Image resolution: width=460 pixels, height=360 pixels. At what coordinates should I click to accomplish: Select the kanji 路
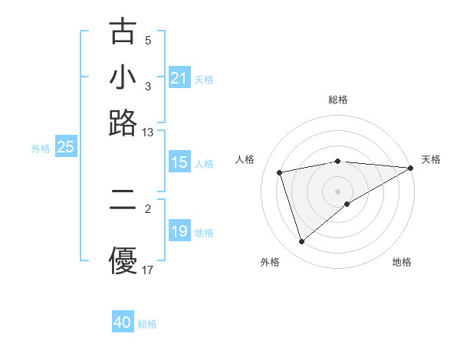[123, 122]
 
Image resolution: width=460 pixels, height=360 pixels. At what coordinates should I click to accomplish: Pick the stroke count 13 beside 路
[148, 133]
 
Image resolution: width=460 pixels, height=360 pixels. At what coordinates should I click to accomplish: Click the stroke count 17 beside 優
[148, 270]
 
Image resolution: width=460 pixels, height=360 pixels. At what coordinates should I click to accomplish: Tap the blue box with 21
[179, 78]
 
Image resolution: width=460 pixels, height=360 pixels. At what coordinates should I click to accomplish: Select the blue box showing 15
[179, 162]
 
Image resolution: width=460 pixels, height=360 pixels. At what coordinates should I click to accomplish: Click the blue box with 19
[179, 231]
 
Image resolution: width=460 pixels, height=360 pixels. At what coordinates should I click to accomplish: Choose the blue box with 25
[65, 148]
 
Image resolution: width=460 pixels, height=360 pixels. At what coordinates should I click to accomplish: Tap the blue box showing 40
[123, 322]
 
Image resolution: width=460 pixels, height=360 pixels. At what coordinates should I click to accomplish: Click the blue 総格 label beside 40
[147, 324]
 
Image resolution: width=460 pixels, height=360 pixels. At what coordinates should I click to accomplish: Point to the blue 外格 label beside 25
[41, 149]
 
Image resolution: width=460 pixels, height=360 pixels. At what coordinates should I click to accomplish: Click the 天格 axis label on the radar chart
[431, 159]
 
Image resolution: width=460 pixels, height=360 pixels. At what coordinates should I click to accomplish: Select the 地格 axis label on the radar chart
[402, 263]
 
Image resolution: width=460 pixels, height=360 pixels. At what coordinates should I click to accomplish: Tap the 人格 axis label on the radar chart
[245, 159]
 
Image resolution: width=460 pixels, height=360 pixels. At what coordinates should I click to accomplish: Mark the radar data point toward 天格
[411, 168]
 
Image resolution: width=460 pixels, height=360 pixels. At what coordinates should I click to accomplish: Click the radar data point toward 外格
[301, 242]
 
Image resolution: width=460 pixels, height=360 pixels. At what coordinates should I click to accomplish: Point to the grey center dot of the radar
[337, 191]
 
